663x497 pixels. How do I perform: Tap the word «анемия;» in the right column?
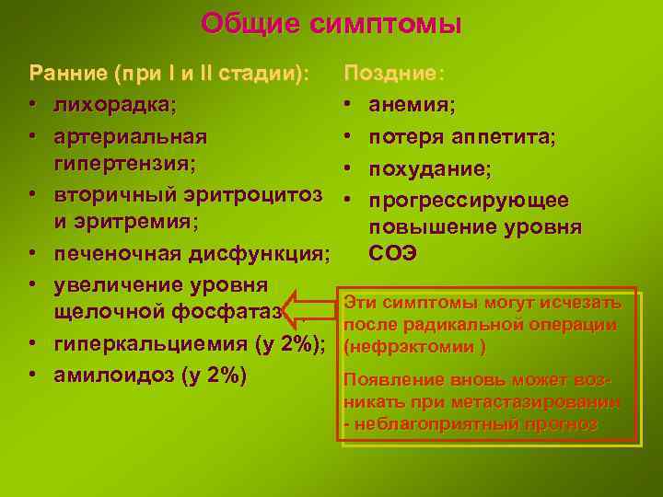[x=412, y=105]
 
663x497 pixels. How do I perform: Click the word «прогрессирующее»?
[x=469, y=200]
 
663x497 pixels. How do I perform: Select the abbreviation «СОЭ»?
[x=393, y=253]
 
